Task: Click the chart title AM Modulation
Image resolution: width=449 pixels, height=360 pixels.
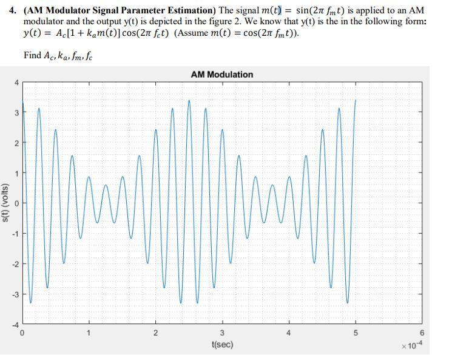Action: (221, 74)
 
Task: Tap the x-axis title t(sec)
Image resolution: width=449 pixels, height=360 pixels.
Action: (222, 344)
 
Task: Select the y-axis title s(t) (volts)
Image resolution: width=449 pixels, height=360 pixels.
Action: (5, 203)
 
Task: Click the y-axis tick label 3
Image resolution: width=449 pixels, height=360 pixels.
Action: (17, 112)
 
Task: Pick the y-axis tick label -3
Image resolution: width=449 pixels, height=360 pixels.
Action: (16, 294)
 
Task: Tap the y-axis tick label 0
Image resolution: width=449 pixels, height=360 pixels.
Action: (17, 203)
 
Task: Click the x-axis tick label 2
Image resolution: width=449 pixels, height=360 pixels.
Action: (155, 333)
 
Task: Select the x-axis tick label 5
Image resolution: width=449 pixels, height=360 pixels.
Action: (356, 333)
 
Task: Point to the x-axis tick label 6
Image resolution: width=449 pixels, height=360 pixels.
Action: (422, 333)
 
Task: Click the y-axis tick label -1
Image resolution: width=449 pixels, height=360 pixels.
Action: (16, 234)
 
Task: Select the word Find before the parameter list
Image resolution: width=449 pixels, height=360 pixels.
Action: (32, 55)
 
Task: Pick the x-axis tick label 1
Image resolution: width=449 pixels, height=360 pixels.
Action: (89, 333)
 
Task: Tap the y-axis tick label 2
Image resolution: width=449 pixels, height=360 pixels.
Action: (17, 143)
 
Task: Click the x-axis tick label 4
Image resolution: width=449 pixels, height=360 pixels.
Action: (289, 333)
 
